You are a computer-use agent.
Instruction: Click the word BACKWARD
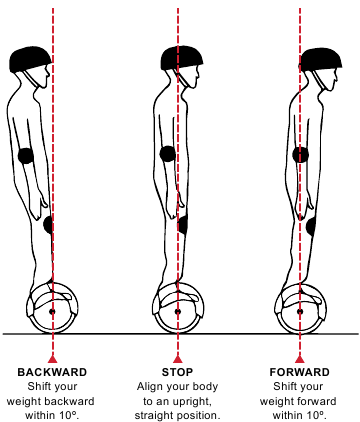click(52, 372)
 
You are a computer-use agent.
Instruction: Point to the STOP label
click(177, 372)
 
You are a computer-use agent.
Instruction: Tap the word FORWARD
click(299, 372)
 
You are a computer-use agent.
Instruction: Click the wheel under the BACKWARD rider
click(52, 308)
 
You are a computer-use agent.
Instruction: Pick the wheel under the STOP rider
click(178, 308)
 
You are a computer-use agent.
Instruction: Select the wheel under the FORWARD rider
click(300, 308)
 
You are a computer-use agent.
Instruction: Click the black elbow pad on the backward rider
click(26, 156)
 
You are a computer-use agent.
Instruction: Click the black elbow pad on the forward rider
click(300, 155)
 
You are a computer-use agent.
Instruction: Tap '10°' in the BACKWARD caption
click(72, 413)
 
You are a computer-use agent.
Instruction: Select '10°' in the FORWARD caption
click(319, 413)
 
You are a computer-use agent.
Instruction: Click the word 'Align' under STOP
click(151, 386)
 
